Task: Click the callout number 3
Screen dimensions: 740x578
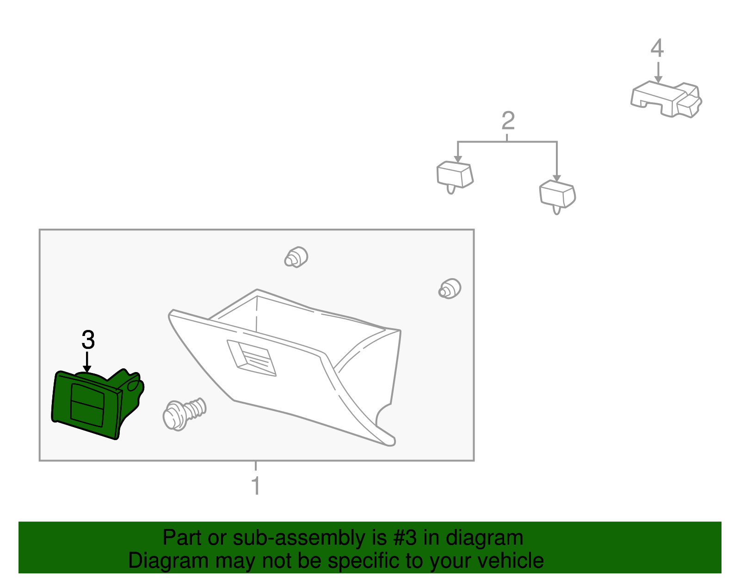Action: pyautogui.click(x=88, y=340)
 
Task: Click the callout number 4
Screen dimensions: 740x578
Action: pyautogui.click(x=657, y=48)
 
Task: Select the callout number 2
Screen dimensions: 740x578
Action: pyautogui.click(x=508, y=120)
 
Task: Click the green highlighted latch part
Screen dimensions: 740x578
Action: pyautogui.click(x=97, y=404)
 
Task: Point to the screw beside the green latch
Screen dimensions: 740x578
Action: pyautogui.click(x=184, y=414)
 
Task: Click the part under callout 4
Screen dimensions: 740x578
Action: pyautogui.click(x=666, y=99)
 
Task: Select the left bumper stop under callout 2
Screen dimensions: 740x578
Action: pyautogui.click(x=455, y=177)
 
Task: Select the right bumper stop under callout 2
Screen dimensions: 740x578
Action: pyautogui.click(x=557, y=197)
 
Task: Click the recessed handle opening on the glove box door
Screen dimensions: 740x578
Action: pyautogui.click(x=252, y=358)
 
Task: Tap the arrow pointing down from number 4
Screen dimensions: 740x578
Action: pyautogui.click(x=658, y=72)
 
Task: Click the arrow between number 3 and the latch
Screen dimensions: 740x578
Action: pyautogui.click(x=87, y=362)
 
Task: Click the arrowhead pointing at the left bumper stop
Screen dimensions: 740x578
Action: pyautogui.click(x=458, y=159)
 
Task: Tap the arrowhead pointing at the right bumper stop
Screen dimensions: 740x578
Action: pyautogui.click(x=556, y=178)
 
